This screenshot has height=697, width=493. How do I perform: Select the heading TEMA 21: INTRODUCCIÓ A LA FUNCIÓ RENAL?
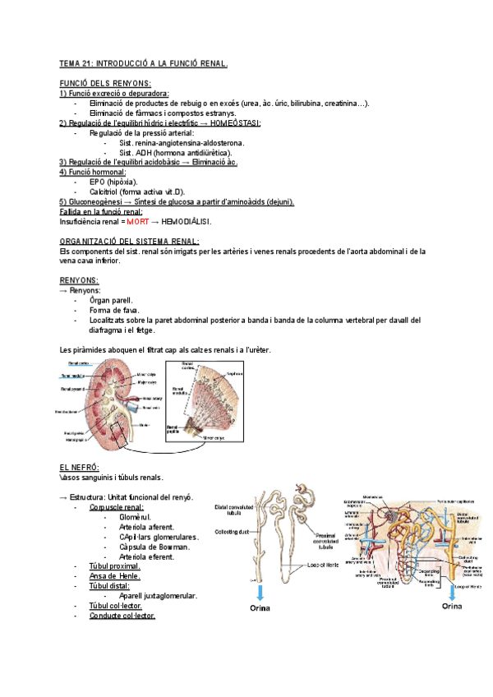click(144, 63)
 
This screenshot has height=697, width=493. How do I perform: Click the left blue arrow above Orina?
click(260, 592)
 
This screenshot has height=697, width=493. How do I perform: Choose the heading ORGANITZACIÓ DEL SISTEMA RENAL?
click(130, 241)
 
